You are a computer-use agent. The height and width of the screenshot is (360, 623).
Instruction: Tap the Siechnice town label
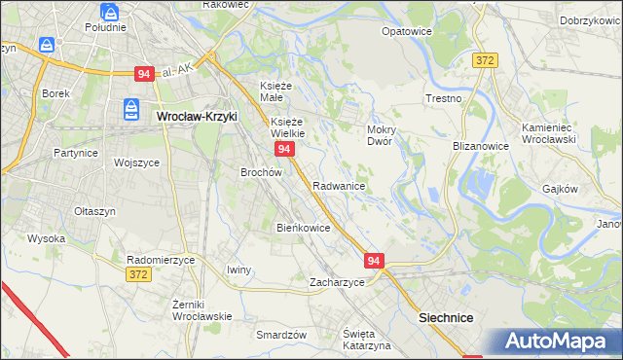coord(445,317)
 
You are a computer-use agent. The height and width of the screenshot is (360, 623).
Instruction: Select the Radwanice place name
coord(339,185)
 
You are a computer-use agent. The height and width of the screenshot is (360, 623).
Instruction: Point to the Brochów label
coord(261,172)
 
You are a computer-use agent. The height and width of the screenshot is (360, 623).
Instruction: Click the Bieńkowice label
coord(304,228)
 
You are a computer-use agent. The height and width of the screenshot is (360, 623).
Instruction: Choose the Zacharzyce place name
coord(337,282)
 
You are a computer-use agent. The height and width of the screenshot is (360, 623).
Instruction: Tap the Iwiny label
coord(238,270)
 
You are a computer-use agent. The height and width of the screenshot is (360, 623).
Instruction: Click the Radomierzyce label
coord(162,260)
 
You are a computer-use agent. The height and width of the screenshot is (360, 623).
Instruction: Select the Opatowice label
coord(406,31)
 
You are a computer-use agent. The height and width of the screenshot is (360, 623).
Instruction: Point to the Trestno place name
coord(443,99)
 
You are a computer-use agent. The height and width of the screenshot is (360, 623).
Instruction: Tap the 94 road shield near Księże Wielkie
coord(283,149)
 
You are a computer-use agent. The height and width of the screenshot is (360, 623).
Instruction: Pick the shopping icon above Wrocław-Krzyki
coord(132,107)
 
